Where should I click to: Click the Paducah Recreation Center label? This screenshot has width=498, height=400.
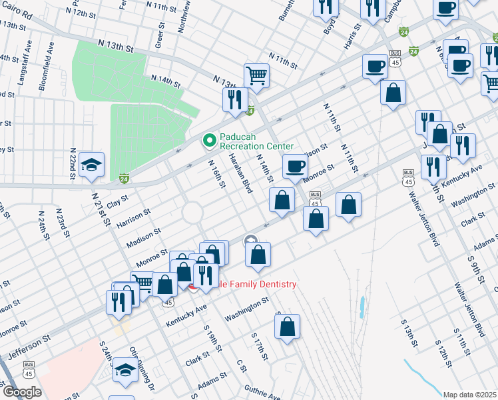tap(256, 141)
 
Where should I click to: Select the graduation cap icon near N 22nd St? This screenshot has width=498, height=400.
tap(91, 166)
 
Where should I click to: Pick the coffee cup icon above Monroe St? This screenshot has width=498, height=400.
tap(294, 167)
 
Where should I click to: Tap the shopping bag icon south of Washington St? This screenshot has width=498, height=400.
tap(287, 327)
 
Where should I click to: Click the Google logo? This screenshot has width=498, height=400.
tap(21, 392)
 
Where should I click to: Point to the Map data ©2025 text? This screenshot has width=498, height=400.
tap(469, 395)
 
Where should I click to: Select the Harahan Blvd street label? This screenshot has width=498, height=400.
tap(240, 173)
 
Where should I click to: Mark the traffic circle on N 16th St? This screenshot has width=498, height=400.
tap(192, 213)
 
